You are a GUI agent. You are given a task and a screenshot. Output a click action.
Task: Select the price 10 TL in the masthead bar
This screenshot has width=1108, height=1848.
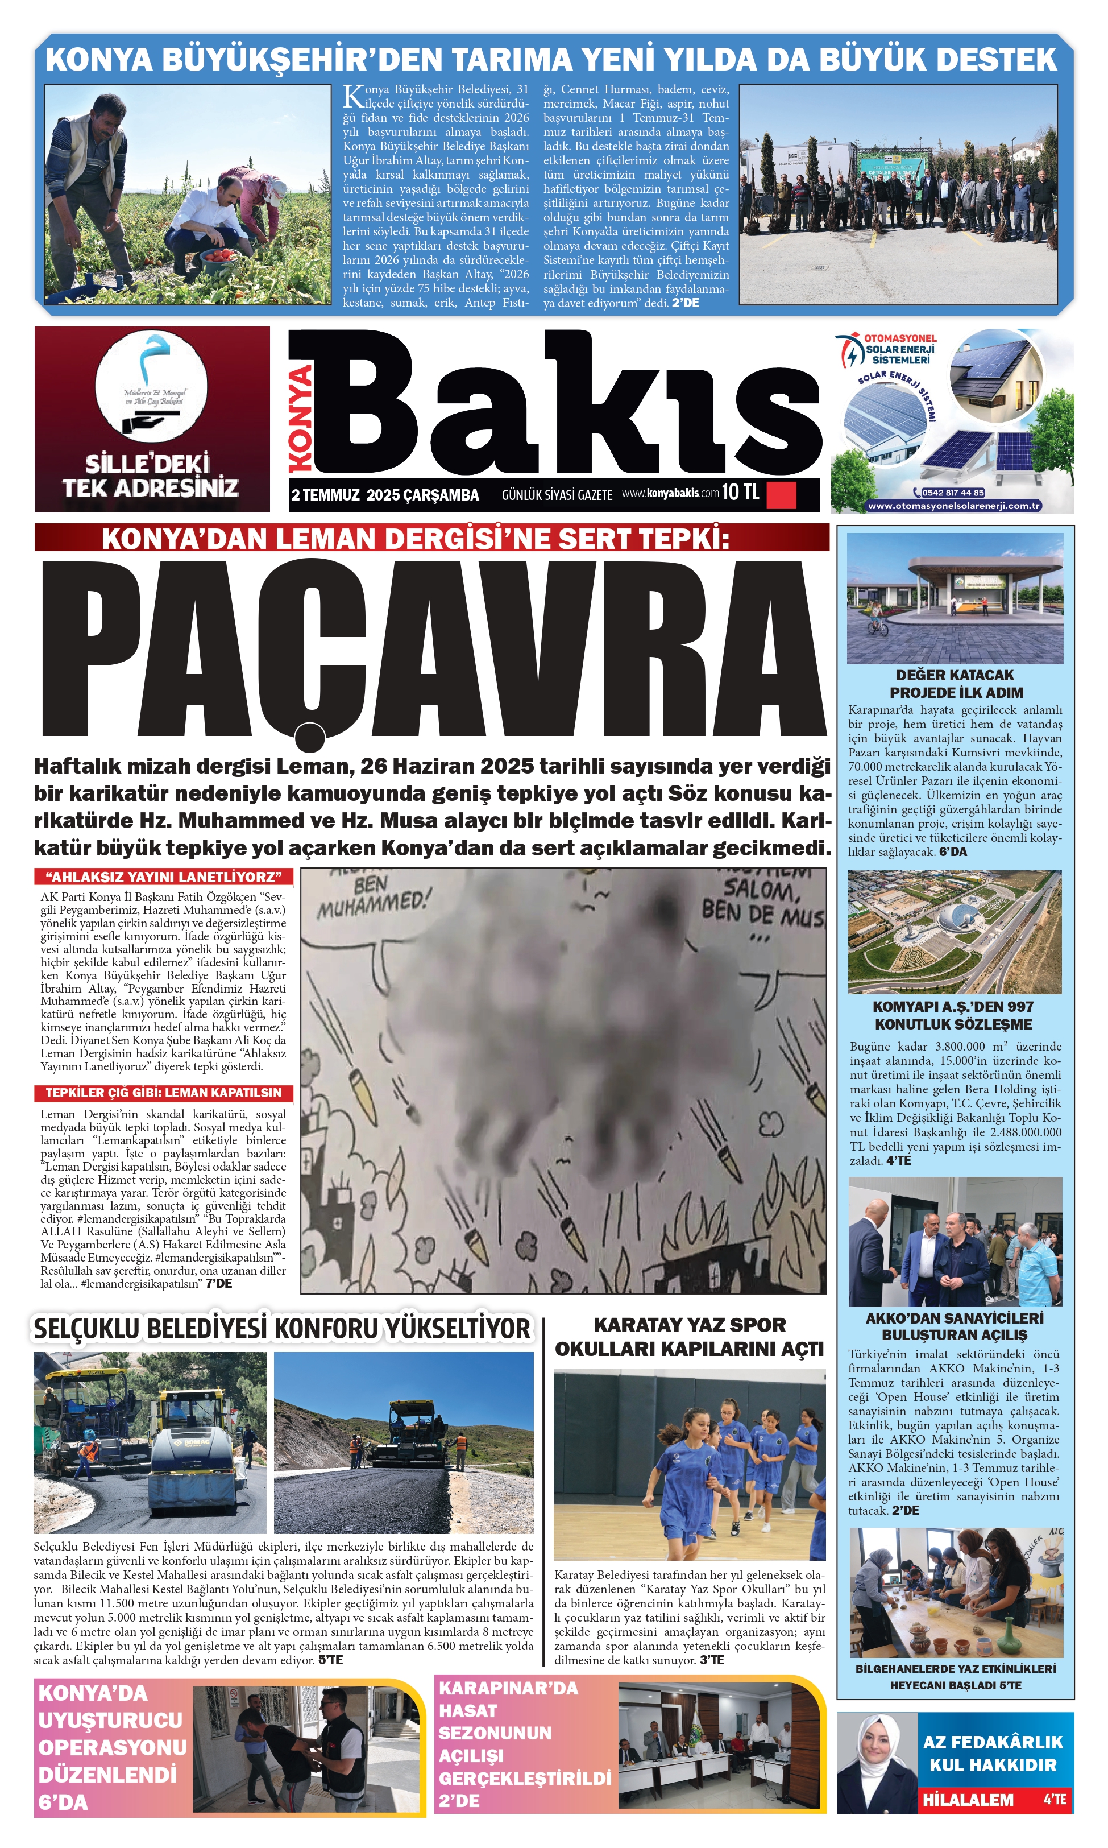coord(740,492)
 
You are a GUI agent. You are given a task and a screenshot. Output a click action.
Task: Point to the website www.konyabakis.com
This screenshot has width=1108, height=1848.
coord(670,494)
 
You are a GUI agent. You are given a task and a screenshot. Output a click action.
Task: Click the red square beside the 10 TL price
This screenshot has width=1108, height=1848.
coord(781,494)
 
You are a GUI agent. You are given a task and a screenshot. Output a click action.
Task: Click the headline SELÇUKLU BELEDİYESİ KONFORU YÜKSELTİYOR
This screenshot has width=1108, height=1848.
coord(282,1329)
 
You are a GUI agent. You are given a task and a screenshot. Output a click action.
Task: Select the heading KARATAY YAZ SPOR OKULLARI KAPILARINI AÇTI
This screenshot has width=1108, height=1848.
coord(688,1337)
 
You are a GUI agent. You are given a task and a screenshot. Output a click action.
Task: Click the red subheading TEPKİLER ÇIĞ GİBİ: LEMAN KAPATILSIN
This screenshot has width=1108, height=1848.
coord(164,1093)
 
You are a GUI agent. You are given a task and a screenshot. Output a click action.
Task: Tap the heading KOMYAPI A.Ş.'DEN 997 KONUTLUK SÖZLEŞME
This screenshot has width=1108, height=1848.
coord(954,1016)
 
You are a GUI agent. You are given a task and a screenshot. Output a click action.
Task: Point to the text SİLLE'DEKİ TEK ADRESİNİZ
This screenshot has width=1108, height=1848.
coord(150,476)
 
